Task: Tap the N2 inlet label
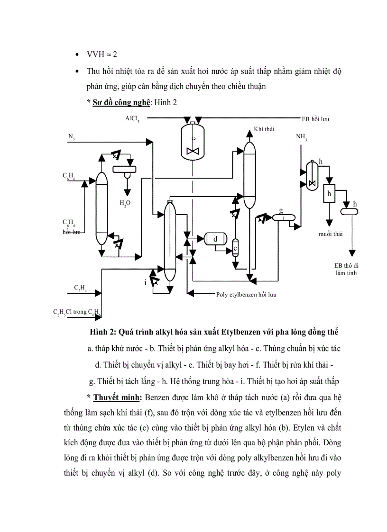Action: pos(71,137)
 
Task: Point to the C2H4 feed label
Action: pos(80,289)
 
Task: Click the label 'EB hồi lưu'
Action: pos(315,119)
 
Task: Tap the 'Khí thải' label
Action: pos(264,129)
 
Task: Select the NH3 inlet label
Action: pos(301,137)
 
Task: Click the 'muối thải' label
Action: pos(330,234)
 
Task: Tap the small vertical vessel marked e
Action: pos(235,248)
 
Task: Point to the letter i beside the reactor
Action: pos(146,283)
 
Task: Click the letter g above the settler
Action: pos(281,210)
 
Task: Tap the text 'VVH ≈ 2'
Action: pos(99,54)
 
